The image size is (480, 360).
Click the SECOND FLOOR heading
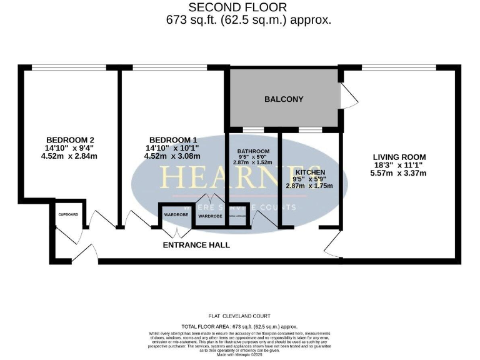point(237,7)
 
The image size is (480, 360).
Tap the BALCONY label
point(283,99)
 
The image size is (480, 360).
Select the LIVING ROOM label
point(399,157)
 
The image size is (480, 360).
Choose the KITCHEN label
point(310,172)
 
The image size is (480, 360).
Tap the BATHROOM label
point(253,152)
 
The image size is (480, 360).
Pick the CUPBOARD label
point(68,214)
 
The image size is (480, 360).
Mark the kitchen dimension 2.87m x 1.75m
point(309,186)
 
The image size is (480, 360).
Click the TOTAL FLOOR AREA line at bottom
point(239,327)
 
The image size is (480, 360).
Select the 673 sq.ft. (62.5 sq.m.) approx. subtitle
point(248,20)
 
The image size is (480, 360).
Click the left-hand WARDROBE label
point(176,215)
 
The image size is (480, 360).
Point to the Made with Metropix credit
point(239,355)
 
